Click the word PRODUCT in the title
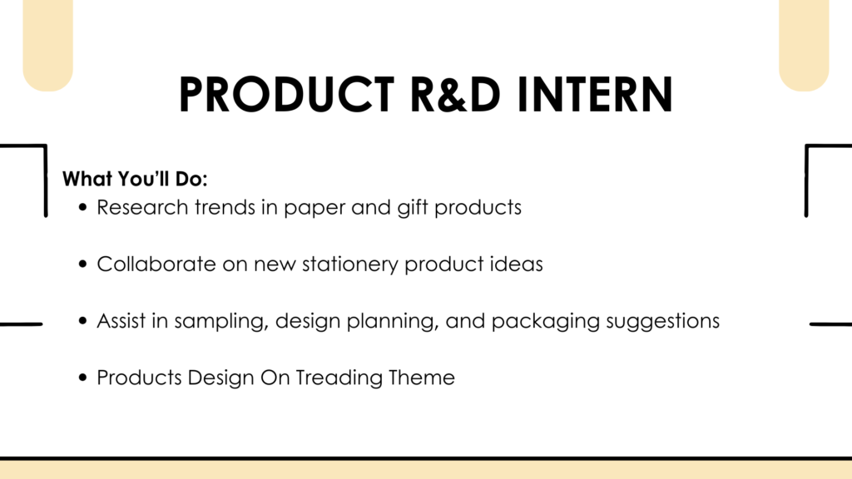(286, 95)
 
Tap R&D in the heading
(454, 95)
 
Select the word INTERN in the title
(594, 95)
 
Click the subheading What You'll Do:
(135, 179)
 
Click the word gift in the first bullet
(413, 208)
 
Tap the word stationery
(350, 264)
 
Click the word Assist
(121, 320)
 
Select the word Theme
(422, 378)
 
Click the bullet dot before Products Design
(82, 377)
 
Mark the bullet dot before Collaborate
(82, 264)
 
